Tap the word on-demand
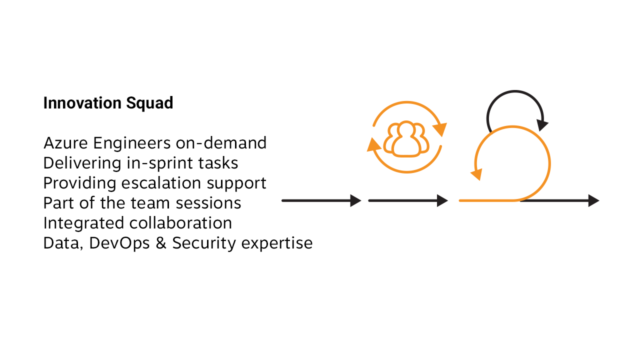pyautogui.click(x=221, y=143)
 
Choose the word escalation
pyautogui.click(x=162, y=183)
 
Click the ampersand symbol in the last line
pyautogui.click(x=161, y=243)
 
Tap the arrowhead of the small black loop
pyautogui.click(x=542, y=124)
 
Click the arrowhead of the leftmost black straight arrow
pyautogui.click(x=355, y=200)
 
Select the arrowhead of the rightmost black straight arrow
pyautogui.click(x=593, y=200)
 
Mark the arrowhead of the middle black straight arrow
pyautogui.click(x=442, y=200)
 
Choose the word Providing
pyautogui.click(x=79, y=183)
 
